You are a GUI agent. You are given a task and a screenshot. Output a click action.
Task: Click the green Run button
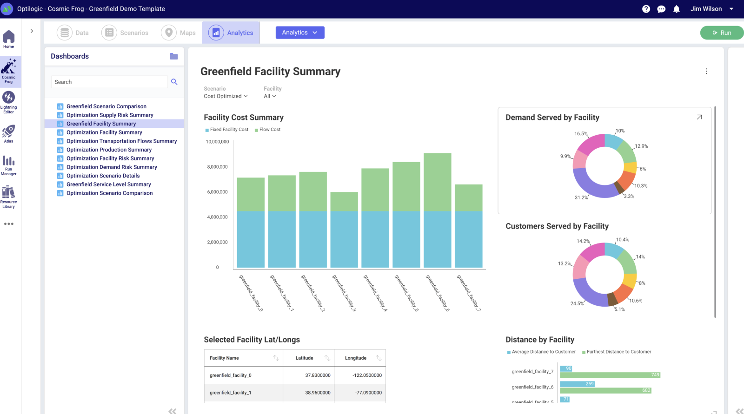[x=722, y=33]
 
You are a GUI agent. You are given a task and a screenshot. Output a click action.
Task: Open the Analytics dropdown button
[x=300, y=33]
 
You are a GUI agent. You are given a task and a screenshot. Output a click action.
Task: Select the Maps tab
[x=179, y=33]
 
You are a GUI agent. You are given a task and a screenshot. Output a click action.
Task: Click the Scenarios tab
[x=125, y=33]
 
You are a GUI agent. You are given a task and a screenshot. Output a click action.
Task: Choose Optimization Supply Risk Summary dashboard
[x=110, y=115]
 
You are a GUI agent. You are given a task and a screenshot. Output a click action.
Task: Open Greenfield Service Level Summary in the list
[x=108, y=184]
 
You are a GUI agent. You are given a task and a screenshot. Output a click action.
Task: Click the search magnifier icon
[x=174, y=82]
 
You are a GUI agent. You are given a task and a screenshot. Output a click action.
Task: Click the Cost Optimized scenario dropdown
[x=226, y=96]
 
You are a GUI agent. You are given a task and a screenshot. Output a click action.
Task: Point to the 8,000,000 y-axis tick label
[x=217, y=167]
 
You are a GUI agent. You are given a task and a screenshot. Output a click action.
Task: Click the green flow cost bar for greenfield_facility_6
[x=437, y=182]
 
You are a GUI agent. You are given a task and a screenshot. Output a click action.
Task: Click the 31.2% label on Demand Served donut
[x=581, y=197]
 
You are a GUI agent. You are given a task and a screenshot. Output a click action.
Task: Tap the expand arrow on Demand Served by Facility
[x=699, y=117]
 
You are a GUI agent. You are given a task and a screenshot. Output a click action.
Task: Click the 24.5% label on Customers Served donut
[x=577, y=303]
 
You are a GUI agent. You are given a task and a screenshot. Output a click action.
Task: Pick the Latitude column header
[x=304, y=358]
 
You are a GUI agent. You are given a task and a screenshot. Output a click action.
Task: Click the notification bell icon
[x=677, y=9]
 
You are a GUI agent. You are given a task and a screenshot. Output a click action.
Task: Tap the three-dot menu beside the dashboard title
[x=706, y=71]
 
